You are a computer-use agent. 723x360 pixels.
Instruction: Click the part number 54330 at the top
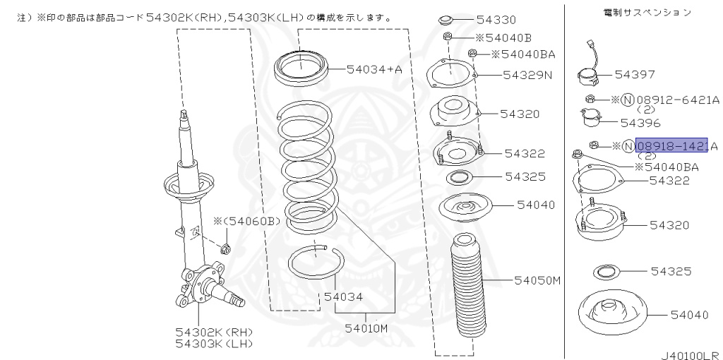[x=496, y=20]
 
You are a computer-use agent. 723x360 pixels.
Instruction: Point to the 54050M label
[x=537, y=280]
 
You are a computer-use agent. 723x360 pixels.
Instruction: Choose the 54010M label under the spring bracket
[x=366, y=328]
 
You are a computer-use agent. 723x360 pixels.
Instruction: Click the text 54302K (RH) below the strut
[x=214, y=332]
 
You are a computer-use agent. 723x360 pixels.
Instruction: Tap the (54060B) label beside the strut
[x=251, y=222]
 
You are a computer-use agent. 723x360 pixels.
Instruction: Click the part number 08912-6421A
[x=679, y=100]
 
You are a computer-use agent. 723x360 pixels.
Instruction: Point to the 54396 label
[x=640, y=122]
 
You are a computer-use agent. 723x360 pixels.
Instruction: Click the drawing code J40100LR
[x=690, y=354]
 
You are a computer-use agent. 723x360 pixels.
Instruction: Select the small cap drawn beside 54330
[x=447, y=19]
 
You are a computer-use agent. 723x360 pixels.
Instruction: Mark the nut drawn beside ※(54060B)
[x=226, y=248]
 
